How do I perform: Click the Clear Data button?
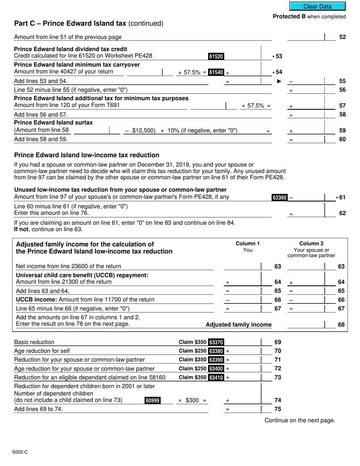point(318,6)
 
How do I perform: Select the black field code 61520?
point(216,56)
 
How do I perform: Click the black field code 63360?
point(280,197)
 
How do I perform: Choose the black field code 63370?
point(216,342)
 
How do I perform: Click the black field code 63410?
point(216,378)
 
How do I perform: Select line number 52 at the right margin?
point(342,37)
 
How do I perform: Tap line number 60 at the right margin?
point(342,139)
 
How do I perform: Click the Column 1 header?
point(248,244)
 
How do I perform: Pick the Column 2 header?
point(311,244)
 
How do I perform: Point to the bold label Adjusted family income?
point(238,325)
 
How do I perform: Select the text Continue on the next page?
point(300,420)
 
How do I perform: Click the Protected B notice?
point(309,17)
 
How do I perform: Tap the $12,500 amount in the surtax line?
point(143,131)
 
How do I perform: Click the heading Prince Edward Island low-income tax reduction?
point(86,155)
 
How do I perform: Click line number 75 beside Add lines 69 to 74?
point(277,409)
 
